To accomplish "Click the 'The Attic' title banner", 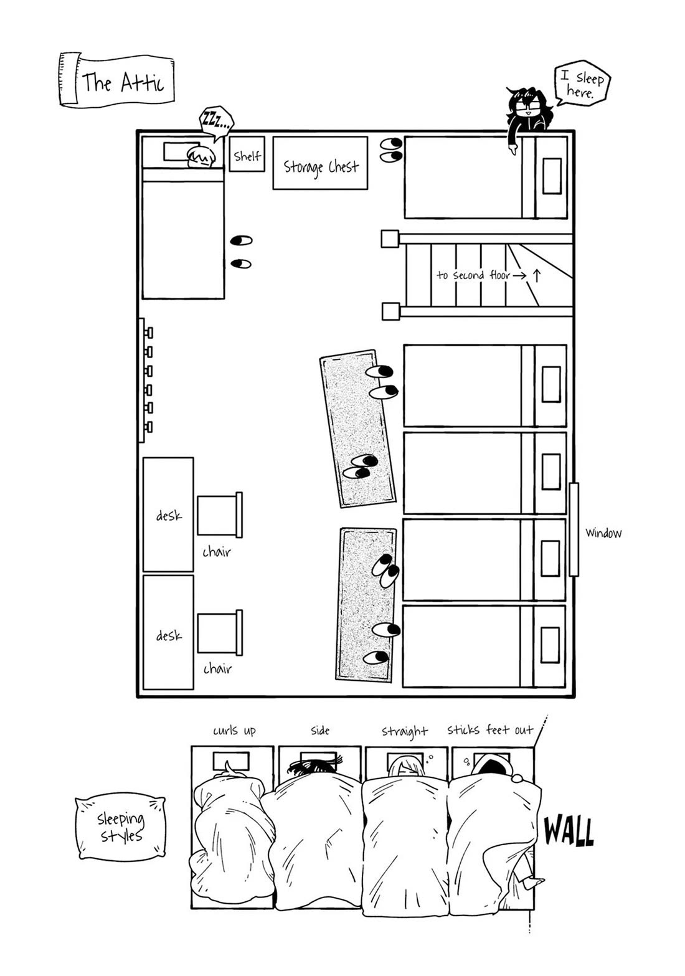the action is (x=116, y=80).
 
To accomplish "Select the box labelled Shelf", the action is (x=247, y=154).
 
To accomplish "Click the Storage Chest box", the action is (x=320, y=163).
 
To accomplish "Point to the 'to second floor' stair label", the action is (x=473, y=275).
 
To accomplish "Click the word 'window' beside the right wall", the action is (x=603, y=533).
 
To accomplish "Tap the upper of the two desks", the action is (x=168, y=514).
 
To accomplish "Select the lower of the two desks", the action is (x=168, y=632).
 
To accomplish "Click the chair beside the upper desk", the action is (x=219, y=514).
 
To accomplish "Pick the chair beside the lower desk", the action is (x=219, y=633).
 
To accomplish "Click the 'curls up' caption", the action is (x=234, y=730).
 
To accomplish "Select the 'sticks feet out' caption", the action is (x=490, y=729).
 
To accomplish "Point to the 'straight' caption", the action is (x=405, y=731).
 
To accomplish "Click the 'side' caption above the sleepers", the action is (x=320, y=730).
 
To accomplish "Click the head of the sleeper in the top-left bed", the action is (x=201, y=157).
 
